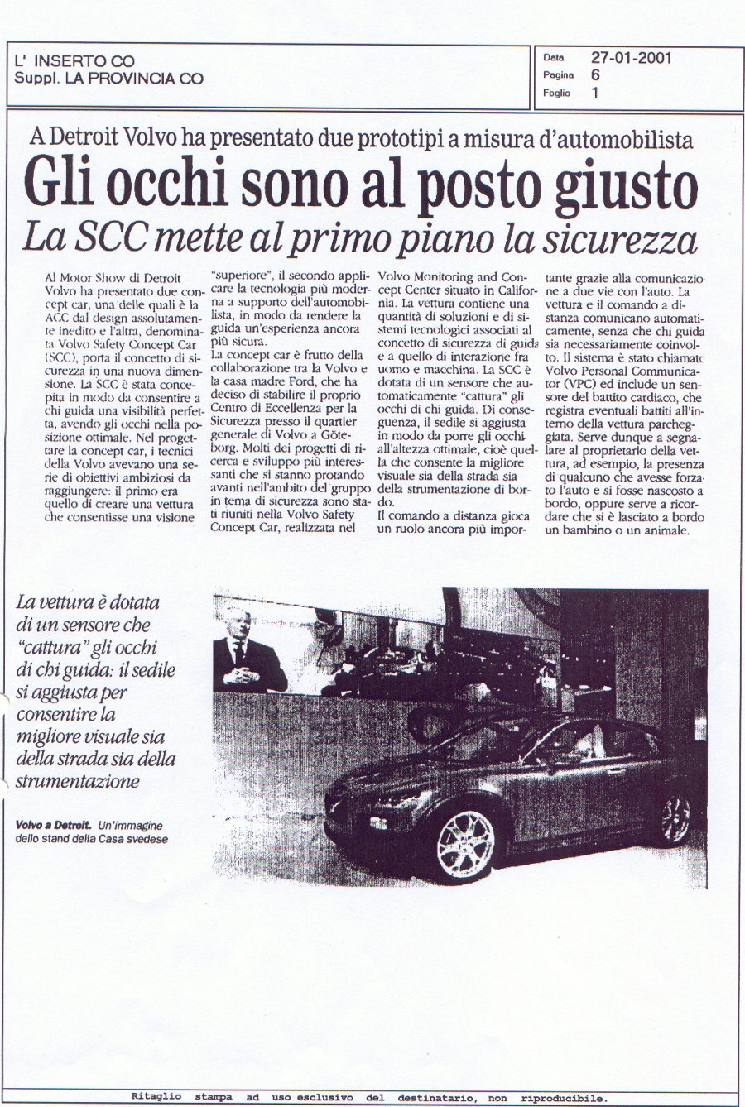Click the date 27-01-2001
[631, 58]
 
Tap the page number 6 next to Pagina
[595, 75]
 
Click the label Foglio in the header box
[557, 93]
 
